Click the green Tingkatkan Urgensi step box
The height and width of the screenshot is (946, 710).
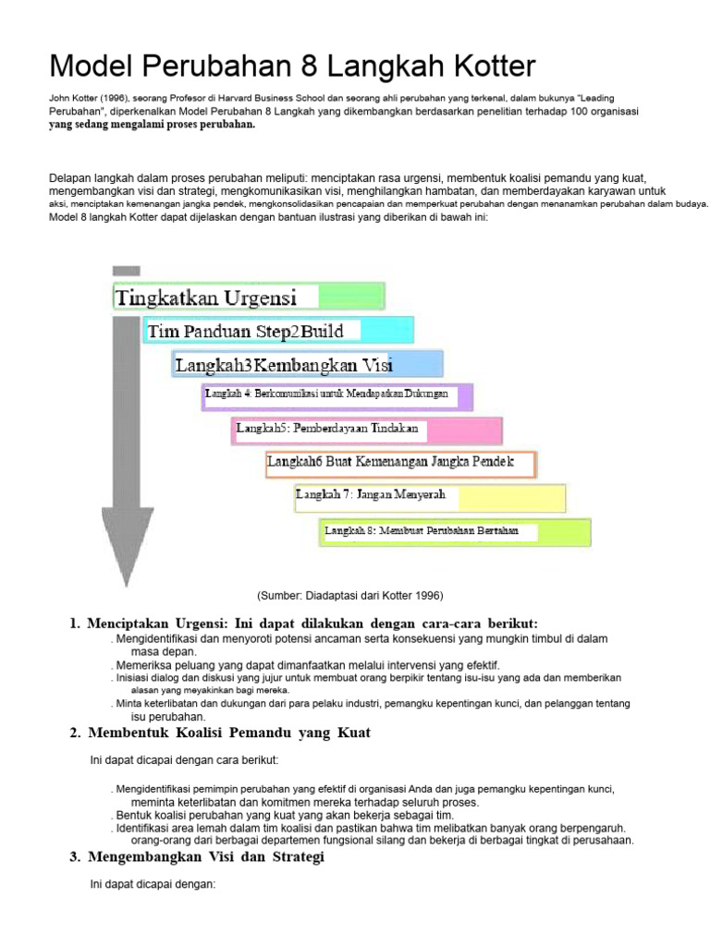pyautogui.click(x=248, y=297)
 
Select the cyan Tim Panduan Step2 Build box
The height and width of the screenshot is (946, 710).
pyautogui.click(x=278, y=331)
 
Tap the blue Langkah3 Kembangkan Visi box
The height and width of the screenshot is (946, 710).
pyautogui.click(x=308, y=364)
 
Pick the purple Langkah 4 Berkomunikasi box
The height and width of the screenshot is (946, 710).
pyautogui.click(x=337, y=395)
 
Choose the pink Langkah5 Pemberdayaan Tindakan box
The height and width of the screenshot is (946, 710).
pyautogui.click(x=367, y=430)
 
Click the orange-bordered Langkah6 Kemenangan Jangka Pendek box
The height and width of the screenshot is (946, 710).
pyautogui.click(x=400, y=463)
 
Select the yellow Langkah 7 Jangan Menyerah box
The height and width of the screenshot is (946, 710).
pyautogui.click(x=430, y=497)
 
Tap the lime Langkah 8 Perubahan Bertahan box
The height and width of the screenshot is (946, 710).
pyautogui.click(x=456, y=531)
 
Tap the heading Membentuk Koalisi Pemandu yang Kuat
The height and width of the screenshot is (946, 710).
pyautogui.click(x=229, y=733)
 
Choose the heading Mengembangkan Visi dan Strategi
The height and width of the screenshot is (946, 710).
pyautogui.click(x=206, y=856)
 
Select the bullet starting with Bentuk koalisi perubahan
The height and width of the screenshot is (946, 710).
pyautogui.click(x=285, y=816)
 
